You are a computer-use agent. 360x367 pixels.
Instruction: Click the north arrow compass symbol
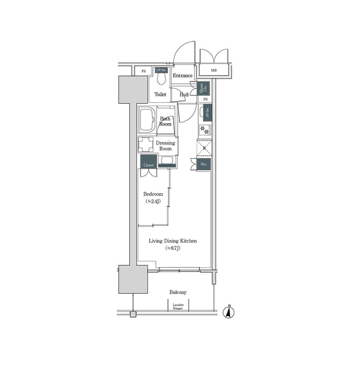pyautogui.click(x=229, y=313)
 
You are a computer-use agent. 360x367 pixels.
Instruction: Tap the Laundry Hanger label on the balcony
pyautogui.click(x=178, y=307)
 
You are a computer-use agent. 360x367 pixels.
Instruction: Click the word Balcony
pyautogui.click(x=178, y=292)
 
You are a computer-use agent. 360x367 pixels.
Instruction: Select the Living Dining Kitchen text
pyautogui.click(x=173, y=241)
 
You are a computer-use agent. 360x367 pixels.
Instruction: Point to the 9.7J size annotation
pyautogui.click(x=173, y=249)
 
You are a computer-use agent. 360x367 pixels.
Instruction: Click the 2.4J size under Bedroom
pyautogui.click(x=153, y=202)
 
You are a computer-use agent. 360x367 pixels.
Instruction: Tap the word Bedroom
pyautogui.click(x=153, y=194)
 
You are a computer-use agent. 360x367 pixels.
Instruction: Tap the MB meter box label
pyautogui.click(x=214, y=71)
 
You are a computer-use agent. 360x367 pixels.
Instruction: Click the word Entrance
pyautogui.click(x=183, y=76)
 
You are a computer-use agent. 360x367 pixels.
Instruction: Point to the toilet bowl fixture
pyautogui.click(x=161, y=79)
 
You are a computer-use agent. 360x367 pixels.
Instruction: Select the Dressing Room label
pyautogui.click(x=166, y=146)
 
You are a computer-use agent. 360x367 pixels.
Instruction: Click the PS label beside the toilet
pyautogui.click(x=143, y=71)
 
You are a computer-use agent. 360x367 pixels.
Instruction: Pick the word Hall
pyautogui.click(x=184, y=95)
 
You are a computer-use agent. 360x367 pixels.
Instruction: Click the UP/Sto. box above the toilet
pyautogui.click(x=161, y=70)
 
